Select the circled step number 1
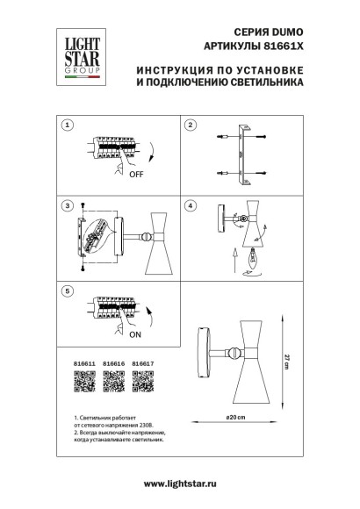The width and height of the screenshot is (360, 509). [x=66, y=126]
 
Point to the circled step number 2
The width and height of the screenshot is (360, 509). [x=189, y=126]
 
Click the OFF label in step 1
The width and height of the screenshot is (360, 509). [x=112, y=174]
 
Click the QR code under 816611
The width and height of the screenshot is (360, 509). [x=82, y=382]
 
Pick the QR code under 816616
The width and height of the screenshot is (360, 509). [x=114, y=382]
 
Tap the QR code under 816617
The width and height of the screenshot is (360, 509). [x=143, y=382]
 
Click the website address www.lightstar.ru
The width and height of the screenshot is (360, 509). [x=180, y=483]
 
